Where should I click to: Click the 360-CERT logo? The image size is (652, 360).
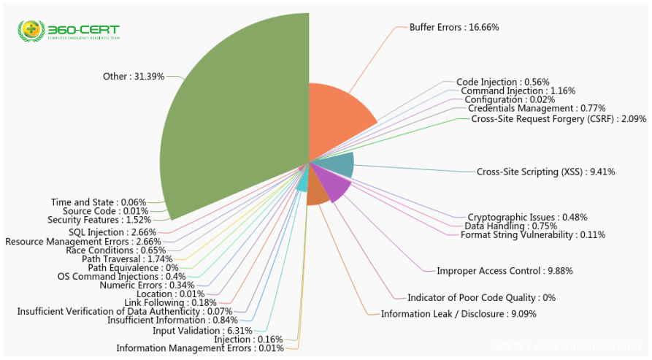pyautogui.click(x=69, y=31)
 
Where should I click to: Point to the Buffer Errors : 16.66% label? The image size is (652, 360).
pyautogui.click(x=453, y=27)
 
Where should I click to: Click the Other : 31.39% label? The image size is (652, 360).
pyautogui.click(x=134, y=76)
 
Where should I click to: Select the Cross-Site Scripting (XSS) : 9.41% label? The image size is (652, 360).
pyautogui.click(x=545, y=172)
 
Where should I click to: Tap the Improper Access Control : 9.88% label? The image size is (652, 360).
pyautogui.click(x=505, y=271)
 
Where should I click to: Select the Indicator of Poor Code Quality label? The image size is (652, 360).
pyautogui.click(x=481, y=297)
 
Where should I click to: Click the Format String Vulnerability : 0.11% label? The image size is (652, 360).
pyautogui.click(x=532, y=234)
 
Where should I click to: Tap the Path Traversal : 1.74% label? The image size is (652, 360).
pyautogui.click(x=127, y=258)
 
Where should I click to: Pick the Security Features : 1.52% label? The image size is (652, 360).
pyautogui.click(x=99, y=219)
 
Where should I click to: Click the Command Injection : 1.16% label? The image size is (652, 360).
pyautogui.click(x=518, y=91)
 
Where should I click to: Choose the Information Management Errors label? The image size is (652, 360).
pyautogui.click(x=199, y=348)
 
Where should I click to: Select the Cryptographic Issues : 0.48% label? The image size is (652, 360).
pyautogui.click(x=527, y=217)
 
